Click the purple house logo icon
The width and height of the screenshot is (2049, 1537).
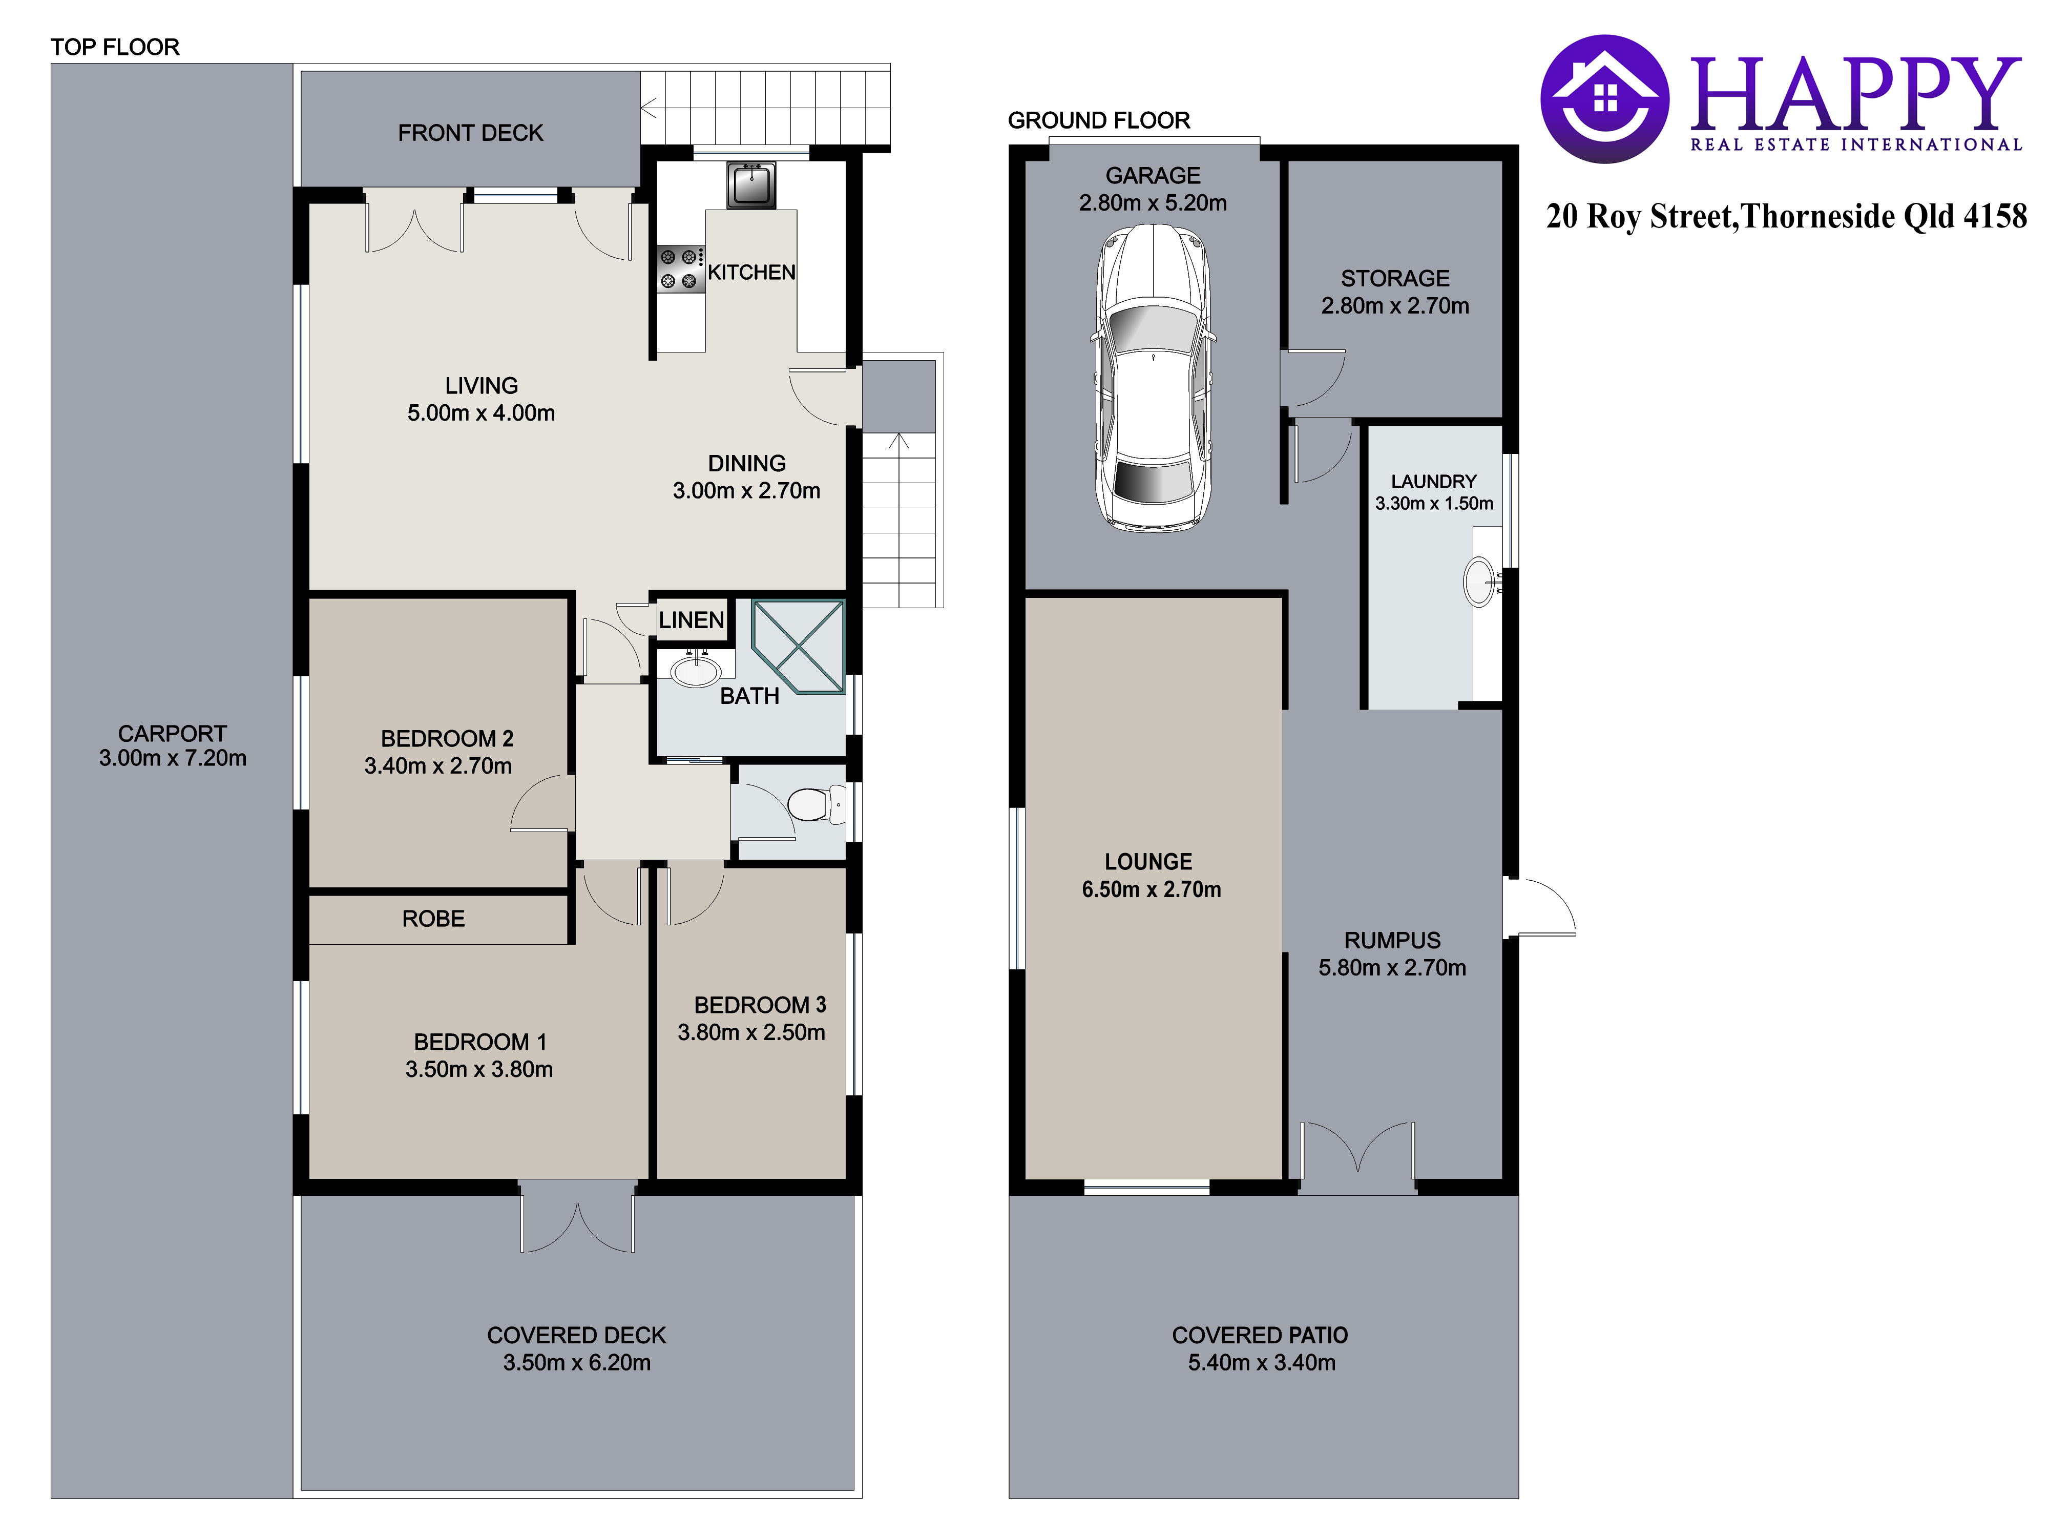pyautogui.click(x=1605, y=99)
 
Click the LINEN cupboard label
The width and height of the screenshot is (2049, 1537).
pyautogui.click(x=691, y=620)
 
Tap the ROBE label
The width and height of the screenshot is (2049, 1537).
pyautogui.click(x=433, y=919)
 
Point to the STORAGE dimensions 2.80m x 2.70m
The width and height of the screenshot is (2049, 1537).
pyautogui.click(x=1395, y=306)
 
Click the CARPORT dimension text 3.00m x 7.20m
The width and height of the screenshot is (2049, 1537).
pyautogui.click(x=173, y=758)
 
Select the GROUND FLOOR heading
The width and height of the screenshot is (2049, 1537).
pyautogui.click(x=1099, y=120)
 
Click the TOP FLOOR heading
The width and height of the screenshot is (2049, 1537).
pyautogui.click(x=115, y=47)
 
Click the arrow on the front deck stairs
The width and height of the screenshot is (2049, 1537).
pyautogui.click(x=649, y=109)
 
